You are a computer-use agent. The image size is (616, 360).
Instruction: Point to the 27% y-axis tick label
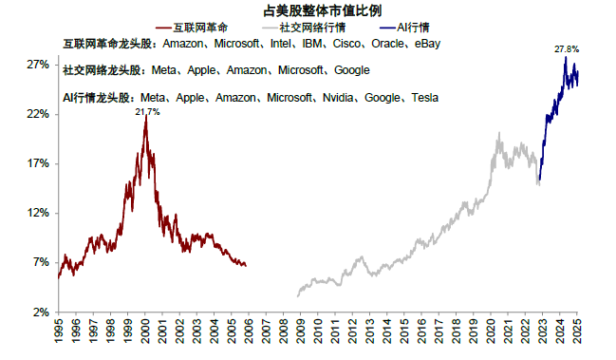tap(37, 65)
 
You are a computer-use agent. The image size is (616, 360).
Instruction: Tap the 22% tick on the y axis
tap(37, 114)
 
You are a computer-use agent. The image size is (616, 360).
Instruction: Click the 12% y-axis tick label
tap(37, 213)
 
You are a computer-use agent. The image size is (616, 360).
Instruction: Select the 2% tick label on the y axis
tap(40, 312)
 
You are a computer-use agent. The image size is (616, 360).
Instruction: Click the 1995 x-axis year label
tap(59, 334)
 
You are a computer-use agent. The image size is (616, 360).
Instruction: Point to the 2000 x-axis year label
tap(145, 334)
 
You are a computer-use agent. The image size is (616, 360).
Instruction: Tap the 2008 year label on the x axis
tap(283, 334)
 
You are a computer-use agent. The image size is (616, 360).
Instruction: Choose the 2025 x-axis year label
tap(576, 334)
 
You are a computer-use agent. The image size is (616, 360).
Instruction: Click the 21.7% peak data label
tap(147, 112)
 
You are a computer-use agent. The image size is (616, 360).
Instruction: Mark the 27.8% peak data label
tap(567, 47)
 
